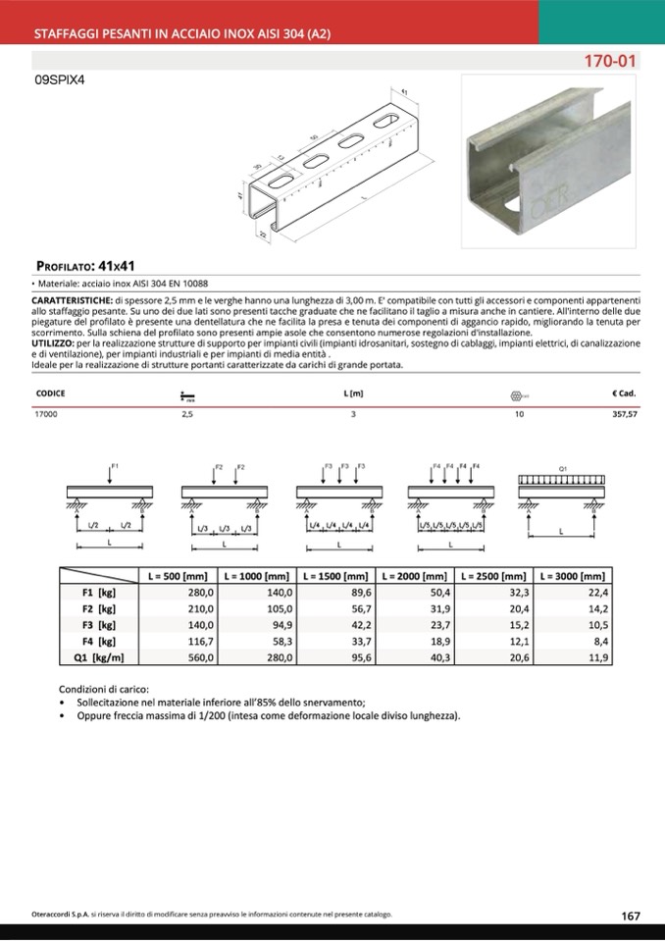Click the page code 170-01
610,61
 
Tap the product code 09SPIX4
61,81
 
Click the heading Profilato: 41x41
84,265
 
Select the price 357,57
624,415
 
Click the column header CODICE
50,393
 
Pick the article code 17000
46,415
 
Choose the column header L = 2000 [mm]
414,577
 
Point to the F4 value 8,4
599,642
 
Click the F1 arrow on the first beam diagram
112,475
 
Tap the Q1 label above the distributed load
563,469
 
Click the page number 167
631,915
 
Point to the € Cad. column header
625,393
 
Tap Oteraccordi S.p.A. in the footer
61,915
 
